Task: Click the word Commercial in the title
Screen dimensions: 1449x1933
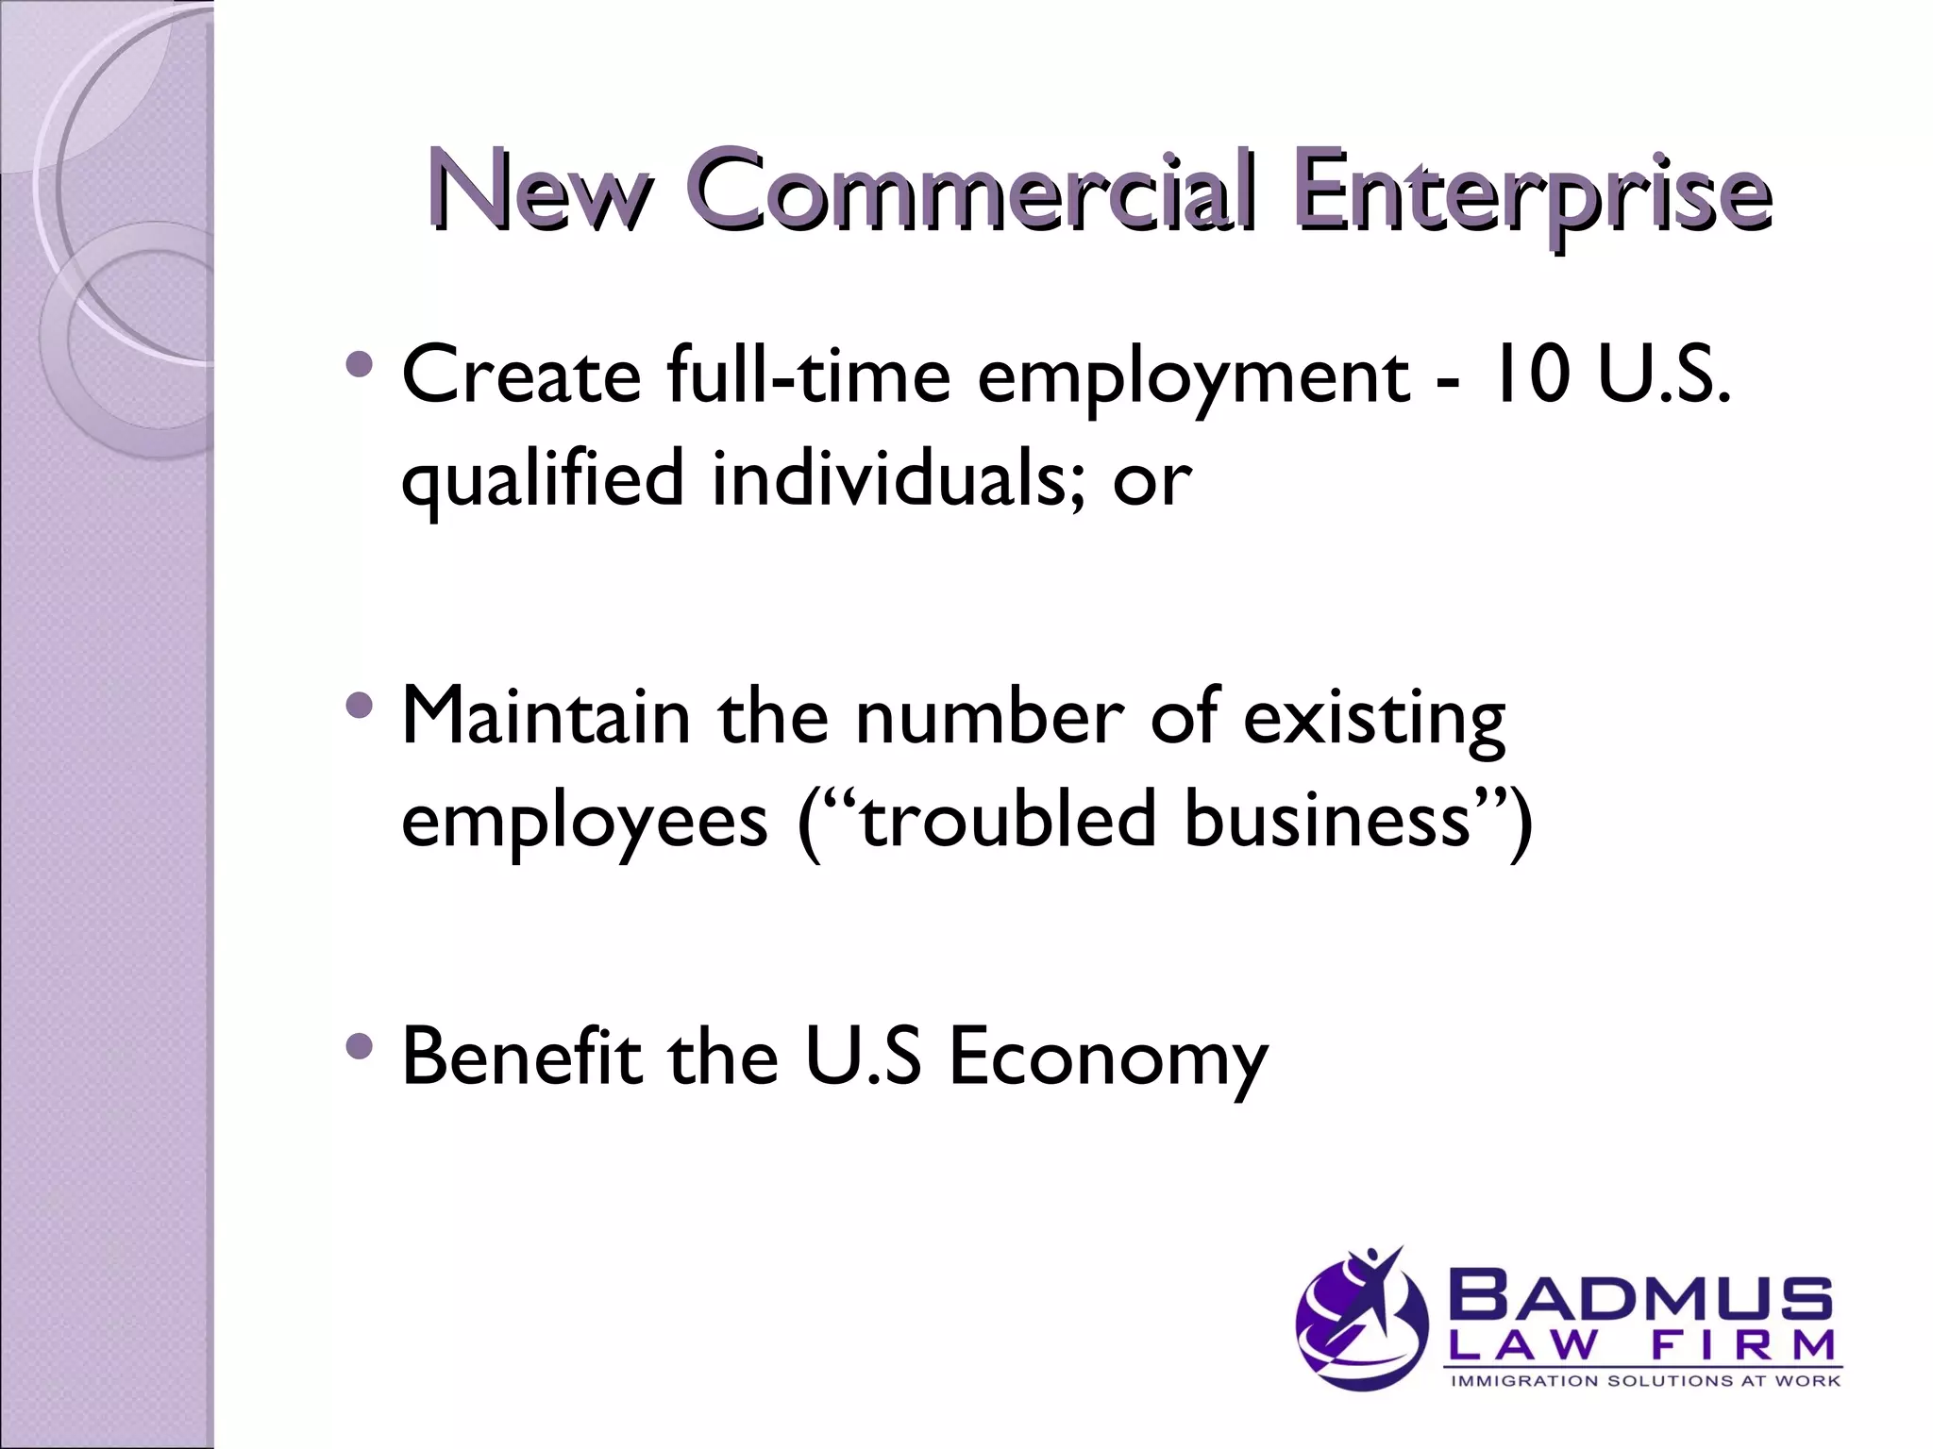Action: tap(972, 193)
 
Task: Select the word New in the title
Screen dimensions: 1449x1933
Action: tap(541, 193)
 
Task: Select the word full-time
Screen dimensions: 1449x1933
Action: tap(808, 375)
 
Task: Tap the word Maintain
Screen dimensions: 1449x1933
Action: tap(546, 715)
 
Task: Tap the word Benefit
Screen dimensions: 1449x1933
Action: tap(521, 1056)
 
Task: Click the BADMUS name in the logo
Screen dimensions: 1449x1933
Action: tap(1642, 1298)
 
